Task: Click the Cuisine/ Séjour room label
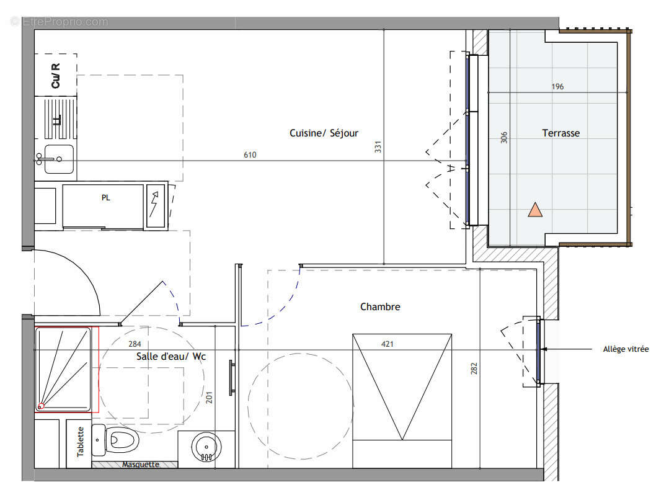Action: coord(324,133)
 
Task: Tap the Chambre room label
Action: coord(380,307)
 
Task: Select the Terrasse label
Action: coord(561,133)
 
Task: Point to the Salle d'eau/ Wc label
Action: coord(171,356)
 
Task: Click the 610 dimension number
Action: coord(250,155)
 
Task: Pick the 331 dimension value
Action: coord(378,147)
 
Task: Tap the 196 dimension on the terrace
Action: coord(557,87)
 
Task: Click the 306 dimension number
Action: coord(504,138)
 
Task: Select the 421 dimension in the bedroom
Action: coord(387,344)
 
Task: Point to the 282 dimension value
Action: coord(474,368)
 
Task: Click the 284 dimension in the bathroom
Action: coord(135,344)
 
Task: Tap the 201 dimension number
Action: coord(209,398)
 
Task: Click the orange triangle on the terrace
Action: coord(535,210)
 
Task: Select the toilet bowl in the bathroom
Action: coord(122,440)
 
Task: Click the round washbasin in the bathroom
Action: coord(206,447)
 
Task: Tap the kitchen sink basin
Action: coord(59,159)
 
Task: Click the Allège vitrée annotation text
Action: coord(626,349)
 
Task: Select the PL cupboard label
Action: coord(106,198)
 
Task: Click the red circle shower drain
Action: coord(41,406)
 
